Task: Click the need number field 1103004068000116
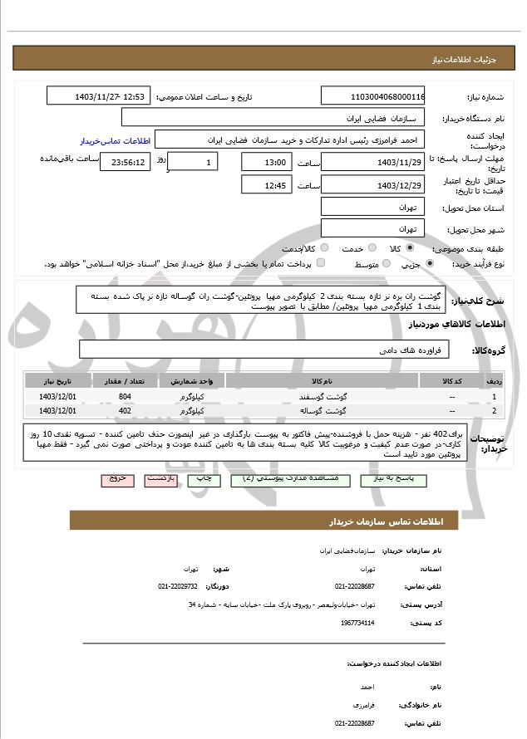[373, 96]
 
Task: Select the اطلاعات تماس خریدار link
[112, 140]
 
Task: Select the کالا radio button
[411, 247]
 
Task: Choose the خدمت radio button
[371, 247]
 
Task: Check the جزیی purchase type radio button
[429, 264]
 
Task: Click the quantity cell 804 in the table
[125, 397]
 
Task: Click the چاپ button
[203, 480]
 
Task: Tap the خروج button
[116, 480]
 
